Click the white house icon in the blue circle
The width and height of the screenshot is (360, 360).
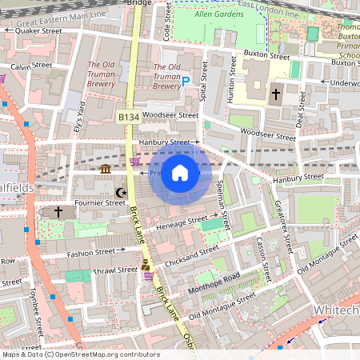tap(180, 173)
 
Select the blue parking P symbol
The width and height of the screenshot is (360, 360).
tap(186, 81)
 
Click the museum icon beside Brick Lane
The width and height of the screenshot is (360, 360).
tap(106, 169)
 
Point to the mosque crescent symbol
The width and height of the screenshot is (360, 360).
tap(122, 193)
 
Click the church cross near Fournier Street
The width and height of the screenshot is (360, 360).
tap(58, 212)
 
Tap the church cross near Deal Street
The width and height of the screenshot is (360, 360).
tap(276, 94)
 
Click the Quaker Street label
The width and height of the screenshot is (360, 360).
tap(38, 30)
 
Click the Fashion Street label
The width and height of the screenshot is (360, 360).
tap(90, 253)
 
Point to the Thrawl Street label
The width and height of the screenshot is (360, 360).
tap(94, 270)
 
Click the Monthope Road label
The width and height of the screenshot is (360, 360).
tap(216, 283)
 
